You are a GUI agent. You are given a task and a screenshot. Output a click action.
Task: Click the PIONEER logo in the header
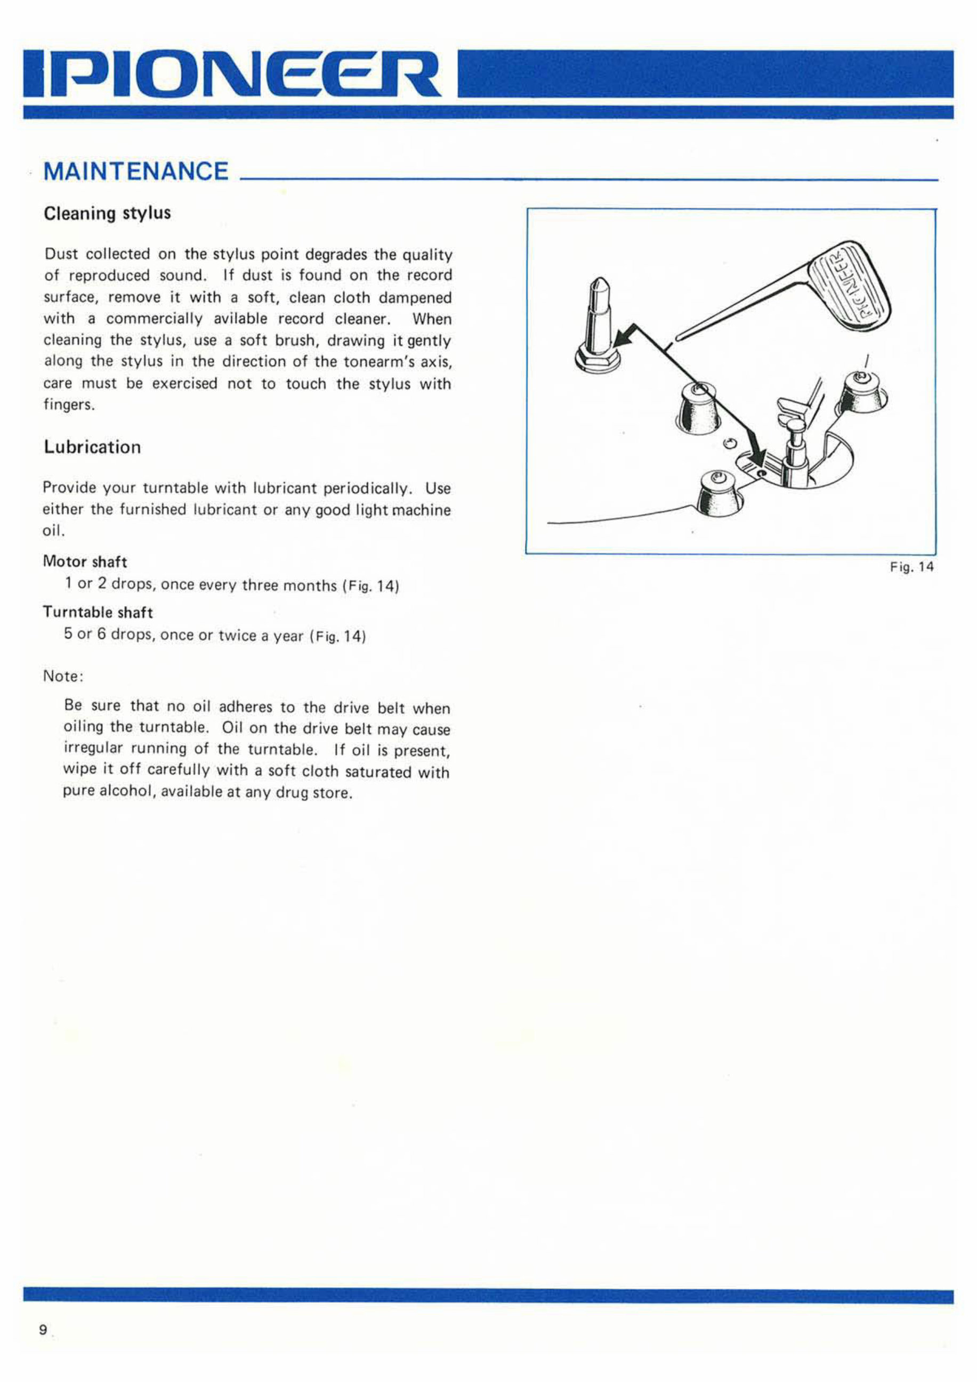tap(232, 74)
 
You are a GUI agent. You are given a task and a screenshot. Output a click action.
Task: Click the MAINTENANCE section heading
tap(136, 172)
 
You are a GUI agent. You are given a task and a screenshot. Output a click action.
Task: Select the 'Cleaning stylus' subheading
tap(107, 214)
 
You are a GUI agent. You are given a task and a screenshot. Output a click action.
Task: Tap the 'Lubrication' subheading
tap(92, 447)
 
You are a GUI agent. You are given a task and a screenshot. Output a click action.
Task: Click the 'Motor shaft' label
tap(85, 562)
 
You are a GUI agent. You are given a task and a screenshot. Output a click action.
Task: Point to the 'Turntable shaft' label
tap(98, 612)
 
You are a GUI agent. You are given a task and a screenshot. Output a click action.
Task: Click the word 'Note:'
tap(63, 676)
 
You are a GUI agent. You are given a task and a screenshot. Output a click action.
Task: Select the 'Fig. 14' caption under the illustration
tap(911, 566)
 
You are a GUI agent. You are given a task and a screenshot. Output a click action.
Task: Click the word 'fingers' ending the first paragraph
tap(68, 405)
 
